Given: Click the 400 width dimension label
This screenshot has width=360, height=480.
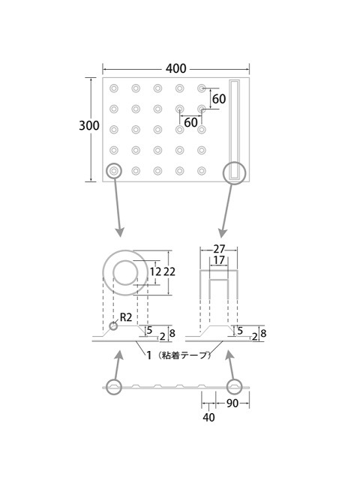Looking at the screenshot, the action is tap(175, 68).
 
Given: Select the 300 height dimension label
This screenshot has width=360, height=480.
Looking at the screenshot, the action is tap(89, 125).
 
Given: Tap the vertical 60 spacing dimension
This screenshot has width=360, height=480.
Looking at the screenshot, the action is tap(219, 98).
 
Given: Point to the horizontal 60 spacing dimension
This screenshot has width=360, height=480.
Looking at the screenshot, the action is tap(190, 122).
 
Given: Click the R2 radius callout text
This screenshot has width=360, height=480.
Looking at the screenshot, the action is tap(126, 317).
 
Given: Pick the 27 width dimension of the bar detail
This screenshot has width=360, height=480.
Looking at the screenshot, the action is tap(219, 249).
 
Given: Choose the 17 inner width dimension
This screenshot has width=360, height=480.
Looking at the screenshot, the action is tap(219, 260).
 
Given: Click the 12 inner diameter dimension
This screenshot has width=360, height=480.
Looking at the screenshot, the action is tap(155, 271).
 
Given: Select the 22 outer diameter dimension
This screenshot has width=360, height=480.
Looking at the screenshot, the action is tap(169, 271).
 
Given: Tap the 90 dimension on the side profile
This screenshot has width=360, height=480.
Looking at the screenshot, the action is tap(232, 403).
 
